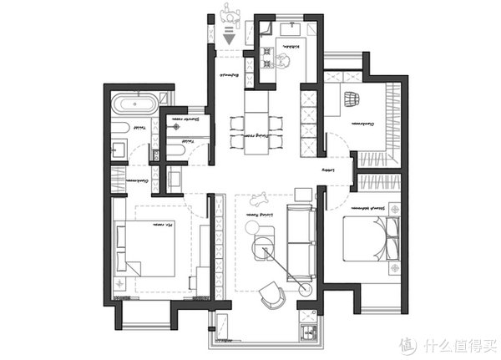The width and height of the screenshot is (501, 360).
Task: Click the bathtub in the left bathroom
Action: (134, 107)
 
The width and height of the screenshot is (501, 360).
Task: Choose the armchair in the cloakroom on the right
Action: (352, 98)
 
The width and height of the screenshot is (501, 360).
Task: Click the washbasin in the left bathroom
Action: (119, 150)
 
